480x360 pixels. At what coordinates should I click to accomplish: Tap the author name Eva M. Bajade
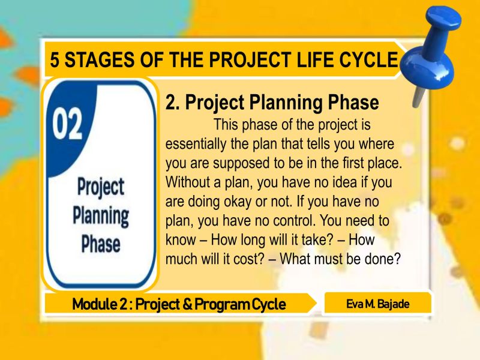tap(378, 304)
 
